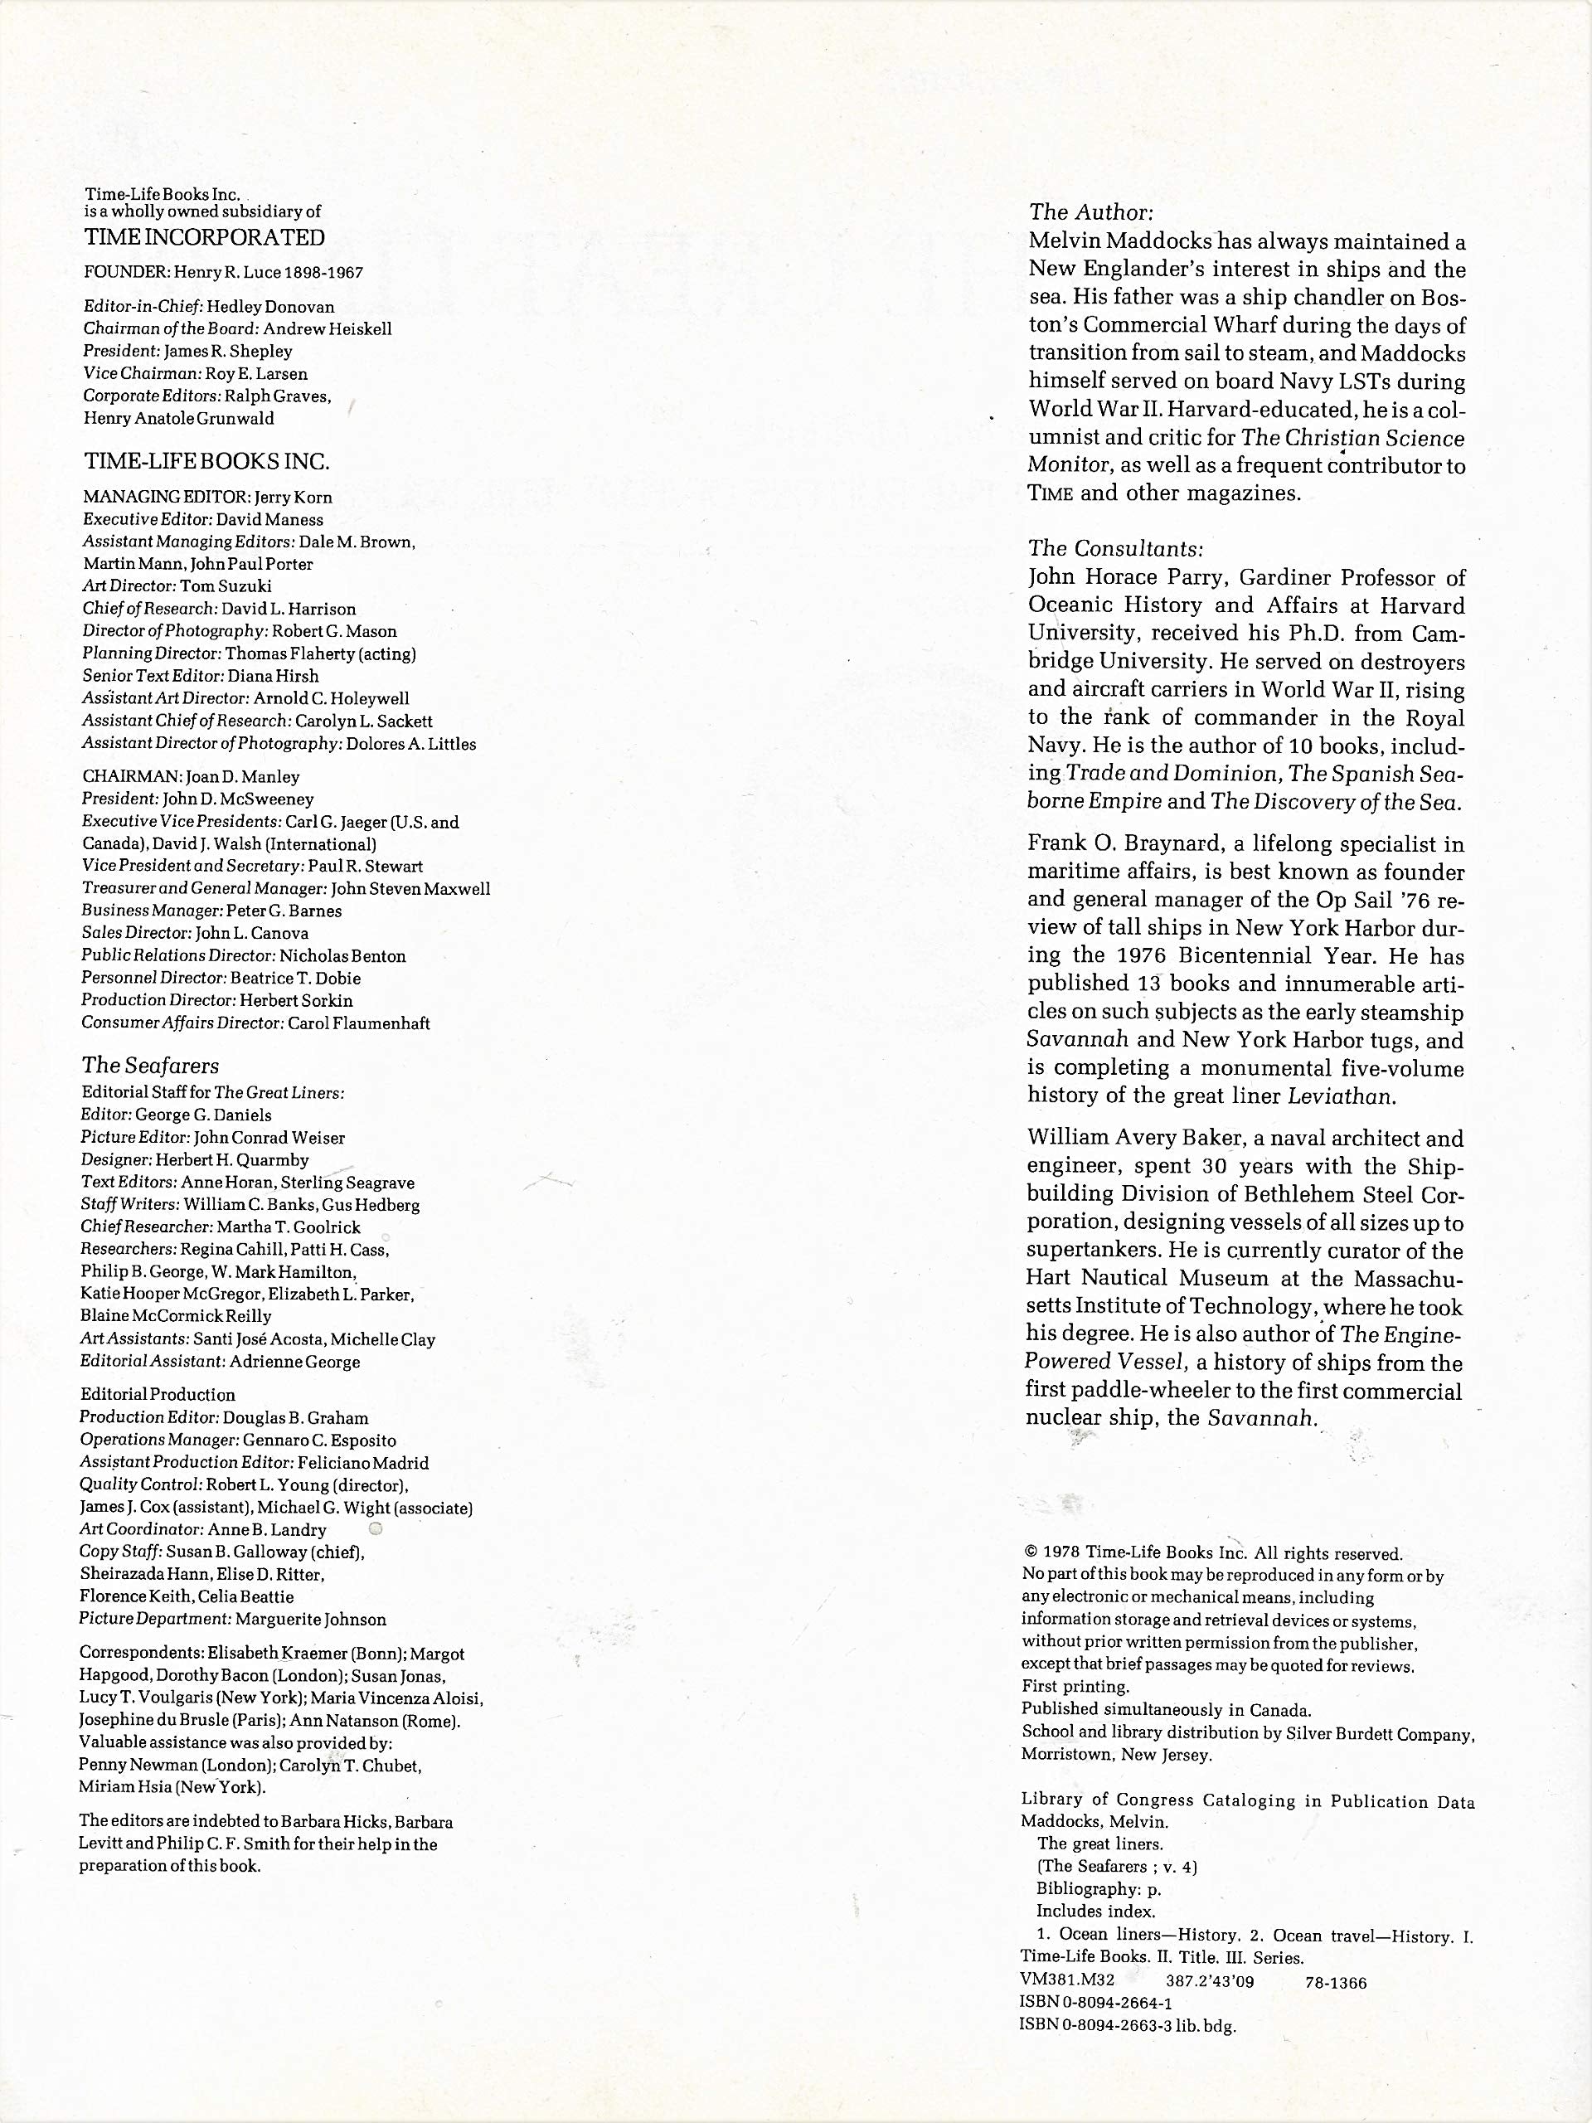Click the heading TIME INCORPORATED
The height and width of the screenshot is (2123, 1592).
pyautogui.click(x=205, y=237)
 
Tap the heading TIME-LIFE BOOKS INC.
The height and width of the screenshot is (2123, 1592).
pyautogui.click(x=206, y=462)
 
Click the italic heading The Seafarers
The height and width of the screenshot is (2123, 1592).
pyautogui.click(x=150, y=1066)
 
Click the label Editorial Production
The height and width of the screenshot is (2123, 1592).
pyautogui.click(x=158, y=1395)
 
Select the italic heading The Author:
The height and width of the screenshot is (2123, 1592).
pyautogui.click(x=1091, y=212)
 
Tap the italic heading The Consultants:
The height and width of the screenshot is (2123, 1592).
pyautogui.click(x=1115, y=549)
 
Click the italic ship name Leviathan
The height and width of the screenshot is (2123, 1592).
pyautogui.click(x=1341, y=1096)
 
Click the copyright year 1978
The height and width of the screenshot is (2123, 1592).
pyautogui.click(x=1061, y=1553)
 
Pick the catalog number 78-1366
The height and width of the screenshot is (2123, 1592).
pyautogui.click(x=1336, y=1982)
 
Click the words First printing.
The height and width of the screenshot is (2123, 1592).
pyautogui.click(x=1075, y=1686)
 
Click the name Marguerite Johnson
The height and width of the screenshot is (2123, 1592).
pyautogui.click(x=311, y=1619)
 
